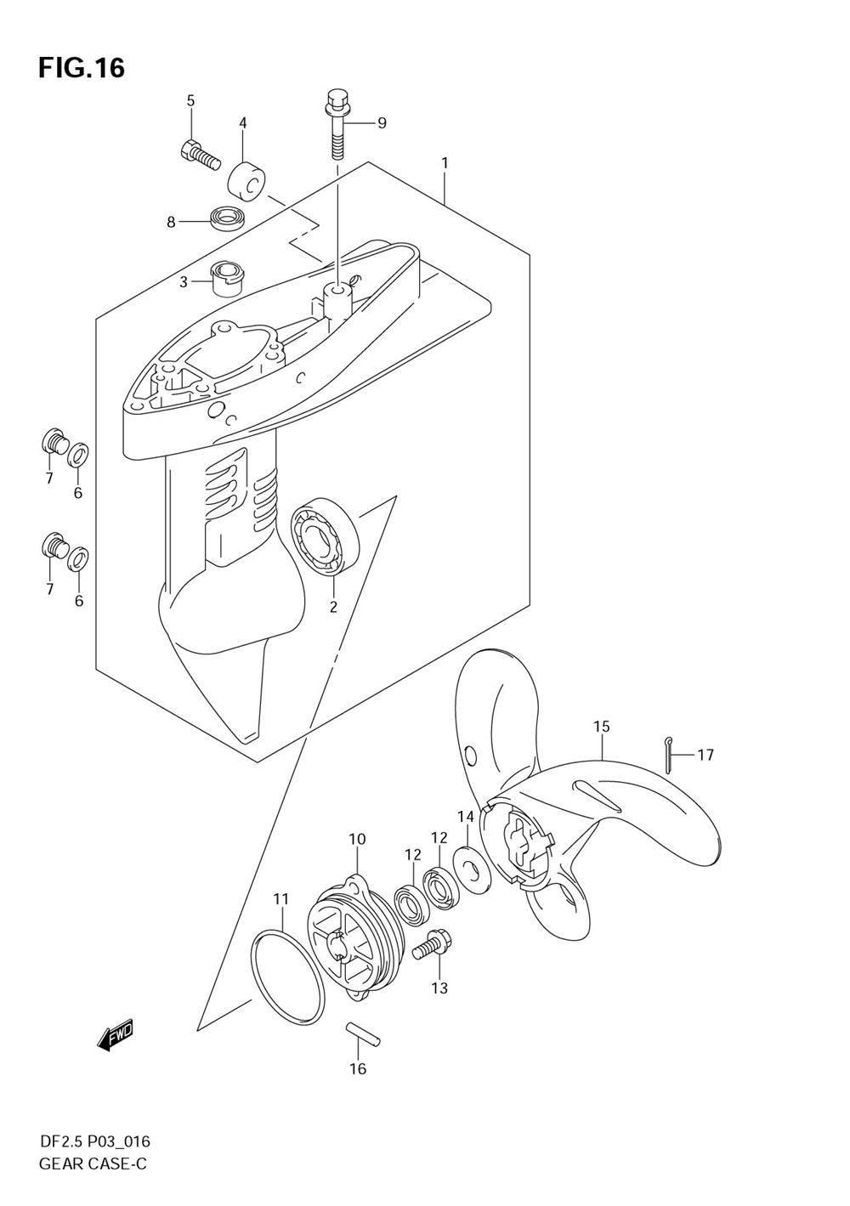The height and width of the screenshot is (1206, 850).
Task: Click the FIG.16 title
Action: click(82, 67)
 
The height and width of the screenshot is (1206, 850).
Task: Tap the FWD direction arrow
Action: click(116, 1035)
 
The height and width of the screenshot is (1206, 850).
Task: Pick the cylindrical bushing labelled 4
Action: click(247, 180)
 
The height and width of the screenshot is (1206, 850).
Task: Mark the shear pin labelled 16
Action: click(363, 1037)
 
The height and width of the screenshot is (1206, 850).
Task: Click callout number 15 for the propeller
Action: click(602, 727)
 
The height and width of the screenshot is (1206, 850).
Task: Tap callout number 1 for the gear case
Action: click(444, 162)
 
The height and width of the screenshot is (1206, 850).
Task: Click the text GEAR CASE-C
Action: click(93, 1164)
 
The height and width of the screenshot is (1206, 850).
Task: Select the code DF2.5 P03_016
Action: click(94, 1141)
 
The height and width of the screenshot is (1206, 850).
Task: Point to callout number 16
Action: click(358, 1068)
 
